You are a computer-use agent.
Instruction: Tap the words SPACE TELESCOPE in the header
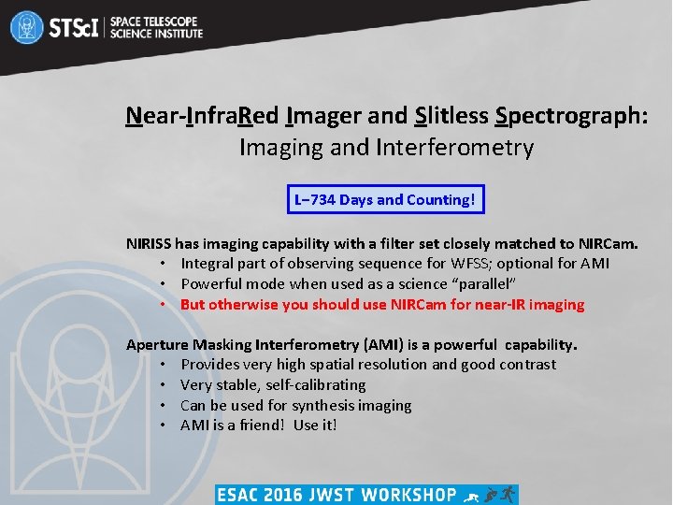pos(155,20)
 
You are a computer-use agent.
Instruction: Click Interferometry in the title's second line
pos(454,148)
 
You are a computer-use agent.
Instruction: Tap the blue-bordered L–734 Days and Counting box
pos(385,199)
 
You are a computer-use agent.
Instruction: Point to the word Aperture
pos(156,344)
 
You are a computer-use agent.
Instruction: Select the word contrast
pos(524,365)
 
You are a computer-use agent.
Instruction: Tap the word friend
pos(260,426)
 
